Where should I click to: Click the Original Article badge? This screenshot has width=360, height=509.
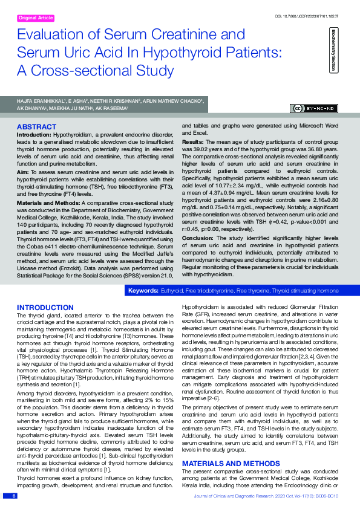36,18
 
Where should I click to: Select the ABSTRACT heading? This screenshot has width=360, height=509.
37,126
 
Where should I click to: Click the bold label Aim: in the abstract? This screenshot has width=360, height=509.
23,172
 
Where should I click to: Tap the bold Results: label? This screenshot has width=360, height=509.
193,140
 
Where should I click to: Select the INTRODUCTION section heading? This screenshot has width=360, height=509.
45,308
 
